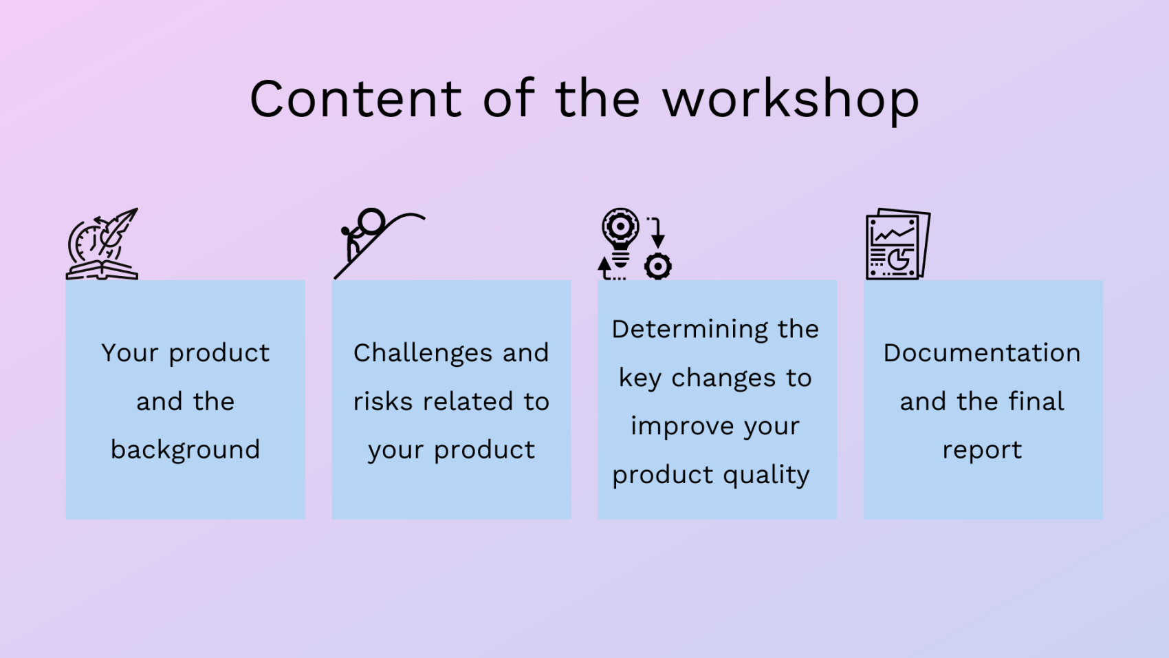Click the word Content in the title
click(356, 98)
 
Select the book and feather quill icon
click(102, 244)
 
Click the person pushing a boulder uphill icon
click(380, 244)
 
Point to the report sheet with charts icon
click(898, 244)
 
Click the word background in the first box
click(185, 450)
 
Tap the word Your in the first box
click(129, 353)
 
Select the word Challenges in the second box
click(423, 354)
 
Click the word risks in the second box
click(383, 401)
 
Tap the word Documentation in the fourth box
click(982, 353)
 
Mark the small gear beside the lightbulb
click(658, 267)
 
